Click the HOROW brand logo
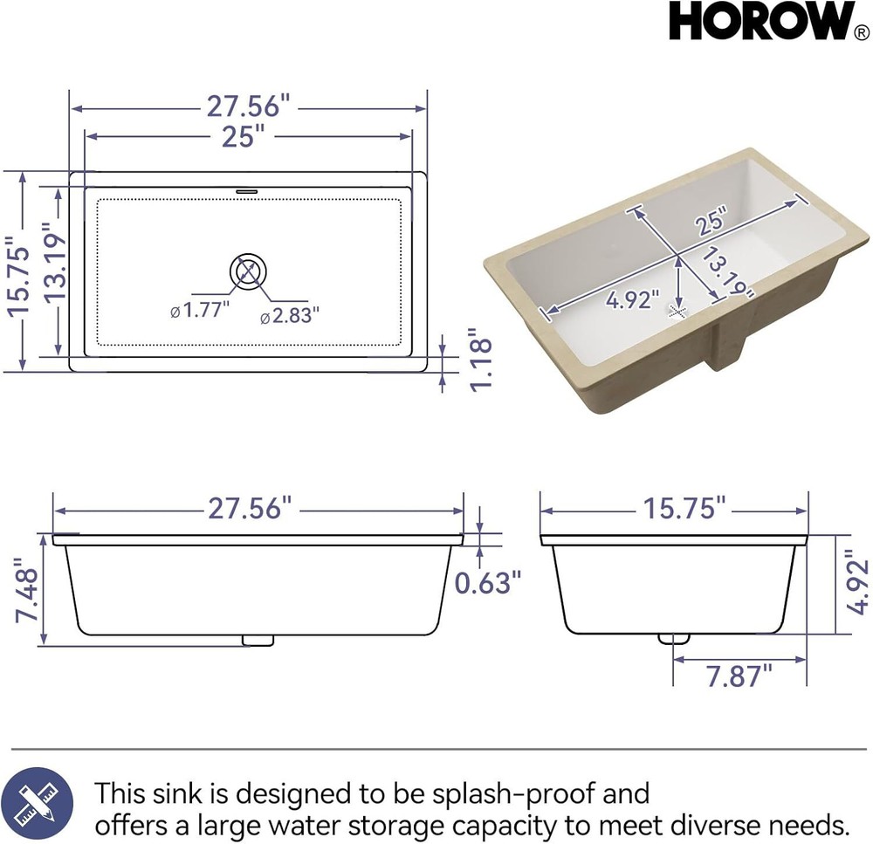(x=762, y=23)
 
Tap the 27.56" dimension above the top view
(x=248, y=106)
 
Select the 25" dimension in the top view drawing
(x=243, y=136)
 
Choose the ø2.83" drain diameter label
(x=290, y=316)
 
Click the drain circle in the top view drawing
(x=248, y=271)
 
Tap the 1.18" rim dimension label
(x=481, y=360)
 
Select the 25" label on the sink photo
(x=711, y=223)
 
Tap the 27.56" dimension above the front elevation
(x=249, y=508)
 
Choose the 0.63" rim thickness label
(x=488, y=581)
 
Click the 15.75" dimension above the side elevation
(x=684, y=508)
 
